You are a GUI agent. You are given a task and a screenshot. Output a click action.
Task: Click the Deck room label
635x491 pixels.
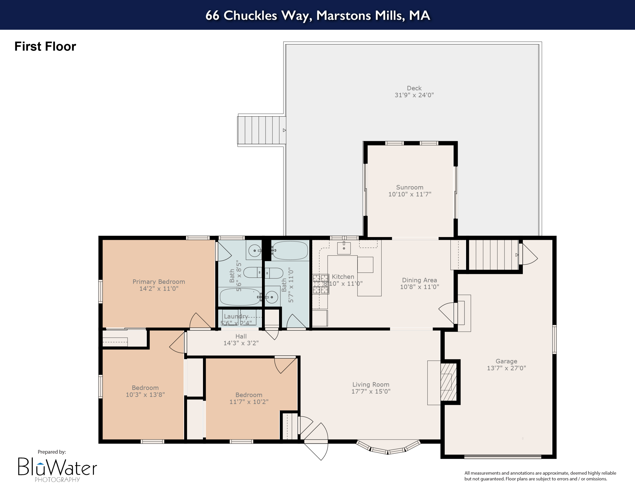pos(414,88)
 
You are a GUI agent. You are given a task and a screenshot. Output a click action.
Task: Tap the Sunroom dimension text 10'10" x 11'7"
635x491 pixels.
pos(410,194)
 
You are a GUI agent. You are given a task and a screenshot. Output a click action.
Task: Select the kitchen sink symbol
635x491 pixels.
pos(344,248)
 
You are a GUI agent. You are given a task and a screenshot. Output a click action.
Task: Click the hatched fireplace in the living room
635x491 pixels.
pos(448,382)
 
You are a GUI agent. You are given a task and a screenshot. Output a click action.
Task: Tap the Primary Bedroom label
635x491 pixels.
pos(159,282)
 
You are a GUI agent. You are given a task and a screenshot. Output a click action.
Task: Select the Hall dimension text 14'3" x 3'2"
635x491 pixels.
pos(241,343)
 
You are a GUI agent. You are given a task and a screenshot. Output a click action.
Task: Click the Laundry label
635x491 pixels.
pos(236,316)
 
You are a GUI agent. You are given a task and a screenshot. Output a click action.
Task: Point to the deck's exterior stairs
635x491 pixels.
pos(261,130)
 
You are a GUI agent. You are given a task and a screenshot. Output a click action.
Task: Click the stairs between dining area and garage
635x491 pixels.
pos(493,255)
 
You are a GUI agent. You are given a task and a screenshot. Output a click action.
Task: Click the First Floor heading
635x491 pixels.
pos(45,47)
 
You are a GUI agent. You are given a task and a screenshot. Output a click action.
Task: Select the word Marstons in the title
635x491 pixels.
pos(343,15)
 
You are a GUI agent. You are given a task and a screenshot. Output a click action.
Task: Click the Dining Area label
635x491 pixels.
pos(419,280)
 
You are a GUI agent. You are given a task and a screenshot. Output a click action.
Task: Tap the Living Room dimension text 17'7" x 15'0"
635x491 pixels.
pos(371,391)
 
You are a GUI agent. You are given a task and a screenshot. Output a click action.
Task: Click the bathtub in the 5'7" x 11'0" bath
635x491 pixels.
pos(290,250)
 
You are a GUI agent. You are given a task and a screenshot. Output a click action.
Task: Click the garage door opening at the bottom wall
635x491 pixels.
pos(502,457)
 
